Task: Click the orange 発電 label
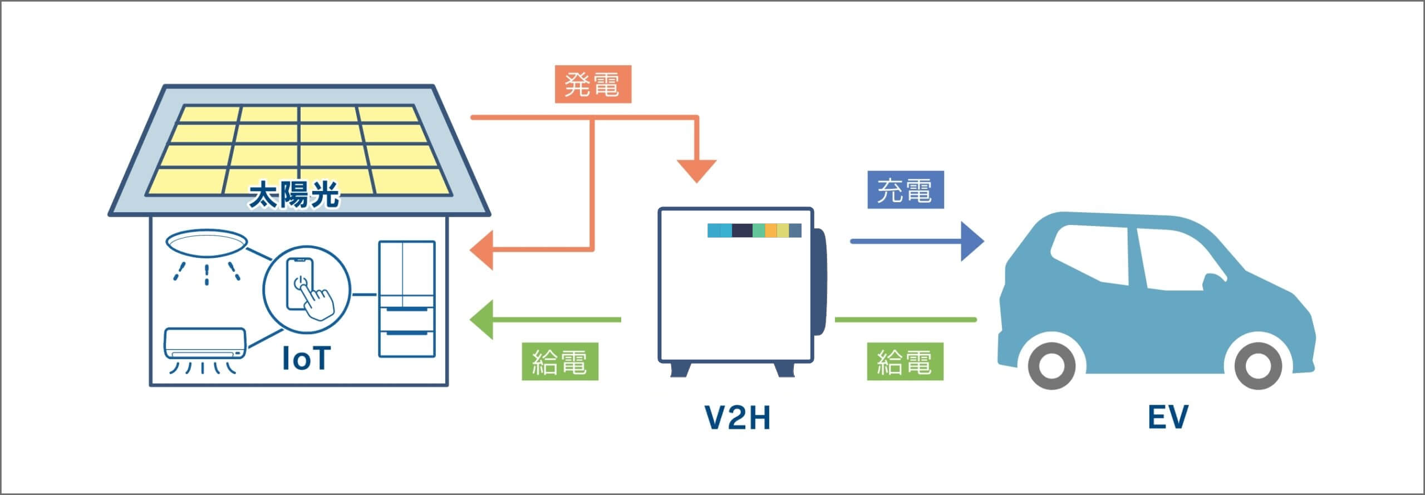[593, 85]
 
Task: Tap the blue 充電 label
[906, 190]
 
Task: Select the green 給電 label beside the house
[560, 361]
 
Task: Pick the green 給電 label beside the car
[905, 361]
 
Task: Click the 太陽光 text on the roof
[294, 196]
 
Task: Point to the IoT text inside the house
[306, 358]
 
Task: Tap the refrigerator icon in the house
[406, 298]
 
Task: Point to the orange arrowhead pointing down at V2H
[696, 171]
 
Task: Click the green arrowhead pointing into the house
[481, 320]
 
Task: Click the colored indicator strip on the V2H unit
[754, 231]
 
